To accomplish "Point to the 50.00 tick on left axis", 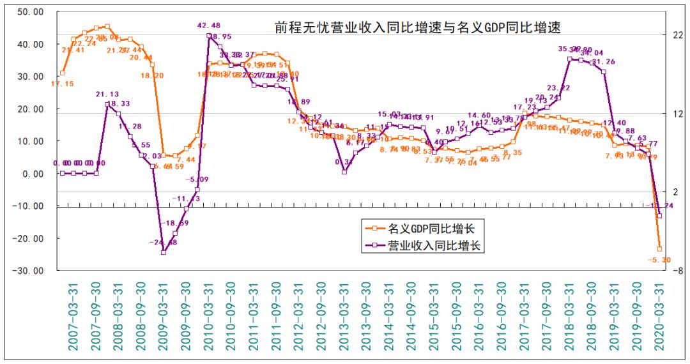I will click(30, 12).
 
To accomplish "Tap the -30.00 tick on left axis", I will click(29, 271).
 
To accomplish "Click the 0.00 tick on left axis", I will click(32, 174).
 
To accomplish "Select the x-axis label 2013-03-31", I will click(344, 316).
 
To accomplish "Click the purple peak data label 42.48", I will click(213, 26).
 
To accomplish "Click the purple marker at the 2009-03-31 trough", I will click(164, 252).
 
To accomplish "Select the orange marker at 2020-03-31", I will click(660, 249).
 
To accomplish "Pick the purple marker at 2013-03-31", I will click(344, 172).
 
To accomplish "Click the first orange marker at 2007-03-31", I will click(62, 73).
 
